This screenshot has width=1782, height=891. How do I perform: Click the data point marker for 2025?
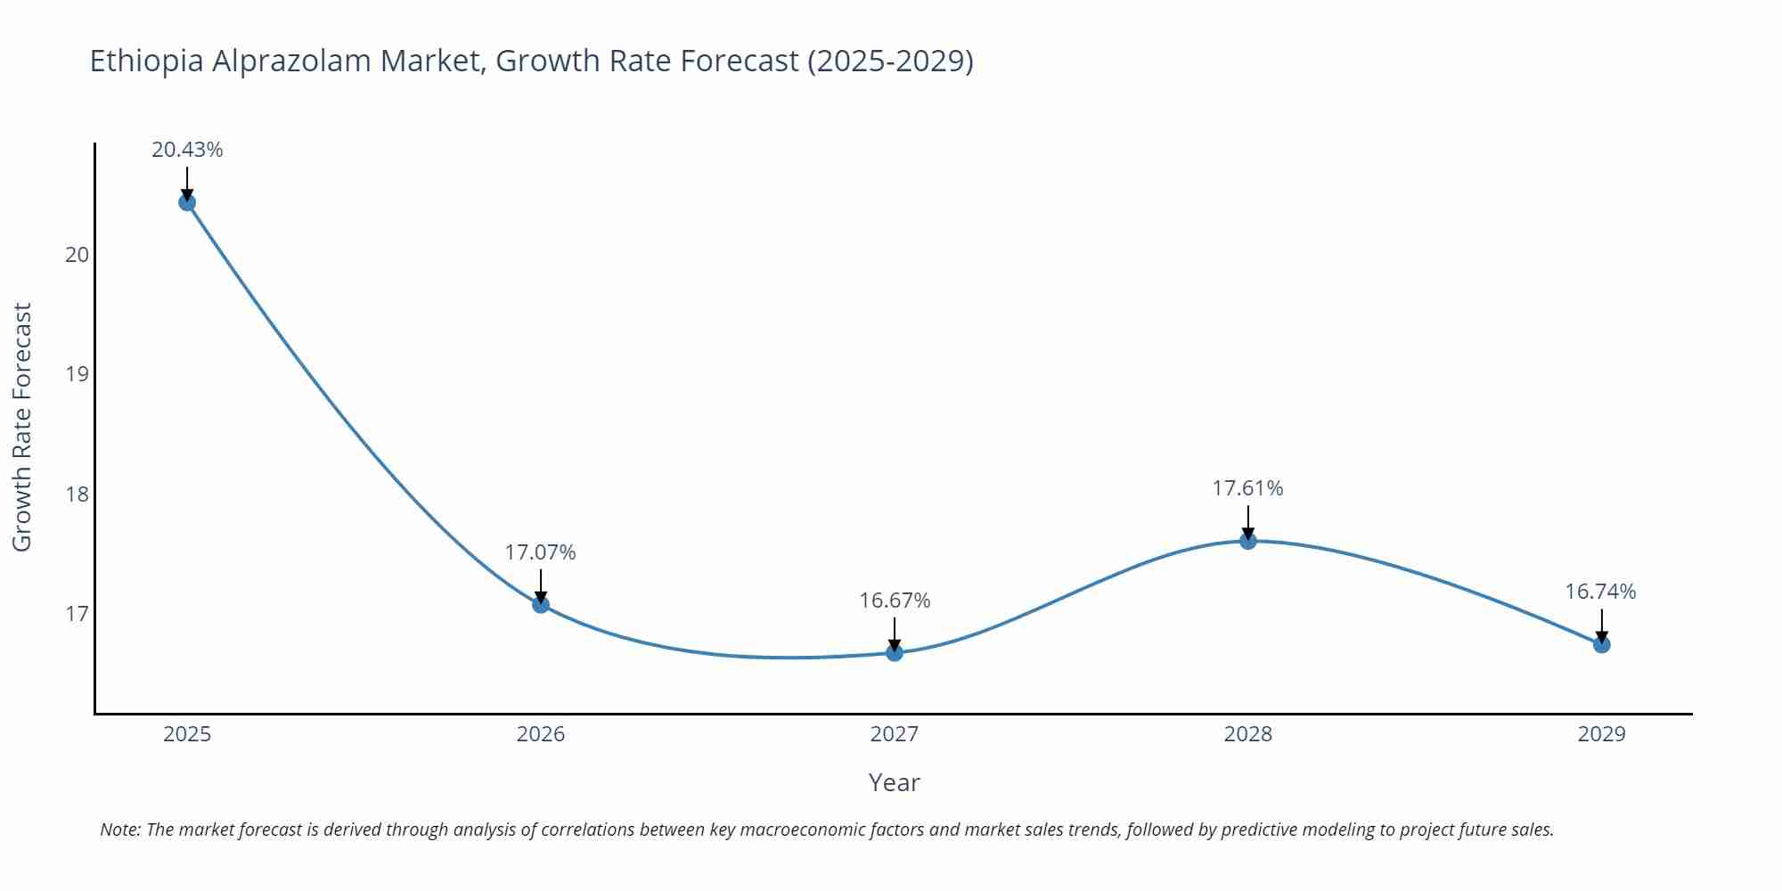[187, 202]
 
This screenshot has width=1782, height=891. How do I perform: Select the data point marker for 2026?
[541, 604]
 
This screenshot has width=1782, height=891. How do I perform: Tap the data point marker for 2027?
[895, 652]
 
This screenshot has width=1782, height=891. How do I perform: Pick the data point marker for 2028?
[1248, 540]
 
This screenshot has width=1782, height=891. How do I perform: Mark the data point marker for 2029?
[1601, 644]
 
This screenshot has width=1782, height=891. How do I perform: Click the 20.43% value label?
[187, 150]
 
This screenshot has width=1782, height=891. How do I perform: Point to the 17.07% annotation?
[541, 552]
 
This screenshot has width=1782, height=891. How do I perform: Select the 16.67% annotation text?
[895, 601]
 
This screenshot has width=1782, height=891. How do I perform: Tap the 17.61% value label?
[1247, 488]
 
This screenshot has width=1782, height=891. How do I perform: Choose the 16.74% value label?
[1600, 592]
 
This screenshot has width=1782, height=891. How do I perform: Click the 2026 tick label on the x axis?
[541, 734]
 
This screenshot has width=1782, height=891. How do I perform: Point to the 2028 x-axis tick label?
[1247, 734]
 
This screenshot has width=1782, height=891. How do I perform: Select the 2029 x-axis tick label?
[1601, 734]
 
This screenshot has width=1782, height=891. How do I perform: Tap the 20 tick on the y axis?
[78, 255]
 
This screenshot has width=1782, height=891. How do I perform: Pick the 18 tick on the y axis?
[78, 494]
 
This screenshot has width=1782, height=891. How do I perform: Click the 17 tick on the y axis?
[78, 614]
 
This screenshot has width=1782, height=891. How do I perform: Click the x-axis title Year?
[894, 782]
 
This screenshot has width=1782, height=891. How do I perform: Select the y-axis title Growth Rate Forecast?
[22, 427]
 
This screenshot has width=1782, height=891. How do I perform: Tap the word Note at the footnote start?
[119, 830]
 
